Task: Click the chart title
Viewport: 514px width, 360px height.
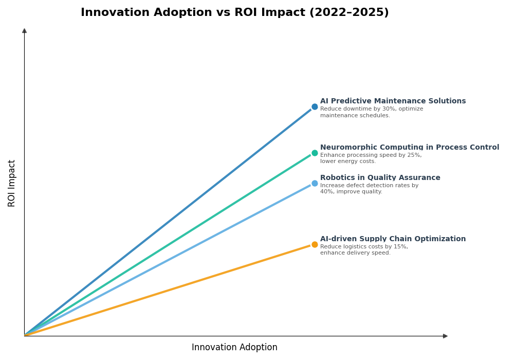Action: click(234, 13)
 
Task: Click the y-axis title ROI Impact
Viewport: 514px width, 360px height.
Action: click(12, 183)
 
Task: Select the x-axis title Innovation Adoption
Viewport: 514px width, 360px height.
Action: click(234, 348)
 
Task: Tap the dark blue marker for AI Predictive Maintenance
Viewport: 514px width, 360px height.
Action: click(315, 107)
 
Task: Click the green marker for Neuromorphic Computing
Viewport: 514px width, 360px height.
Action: click(315, 153)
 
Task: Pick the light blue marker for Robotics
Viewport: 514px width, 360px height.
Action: click(315, 183)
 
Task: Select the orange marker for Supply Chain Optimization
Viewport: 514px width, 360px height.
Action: click(315, 244)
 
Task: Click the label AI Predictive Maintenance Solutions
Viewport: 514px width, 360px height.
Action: click(393, 101)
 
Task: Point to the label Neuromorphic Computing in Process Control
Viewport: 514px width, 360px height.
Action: click(409, 148)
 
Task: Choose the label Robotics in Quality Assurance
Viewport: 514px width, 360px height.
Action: click(380, 178)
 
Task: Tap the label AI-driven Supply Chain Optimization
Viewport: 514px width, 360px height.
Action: click(393, 239)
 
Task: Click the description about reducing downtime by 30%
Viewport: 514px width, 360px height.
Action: click(371, 112)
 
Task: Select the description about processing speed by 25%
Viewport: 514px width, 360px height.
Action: click(371, 158)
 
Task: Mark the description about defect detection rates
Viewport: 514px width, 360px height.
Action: click(369, 189)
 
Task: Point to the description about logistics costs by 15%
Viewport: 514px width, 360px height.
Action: click(364, 250)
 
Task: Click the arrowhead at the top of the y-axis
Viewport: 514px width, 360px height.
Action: click(24, 31)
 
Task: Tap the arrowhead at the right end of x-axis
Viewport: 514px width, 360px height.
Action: click(445, 336)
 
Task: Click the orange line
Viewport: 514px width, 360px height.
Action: click(170, 290)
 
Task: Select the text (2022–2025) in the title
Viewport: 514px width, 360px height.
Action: click(349, 13)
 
